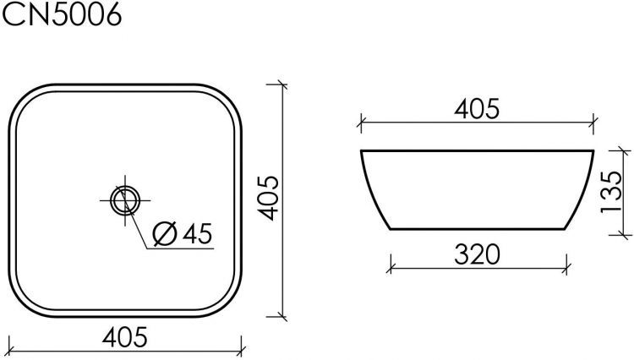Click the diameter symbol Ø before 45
point(165,233)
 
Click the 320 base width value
point(478,253)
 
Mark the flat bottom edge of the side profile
point(478,229)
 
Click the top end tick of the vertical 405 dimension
point(281,85)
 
